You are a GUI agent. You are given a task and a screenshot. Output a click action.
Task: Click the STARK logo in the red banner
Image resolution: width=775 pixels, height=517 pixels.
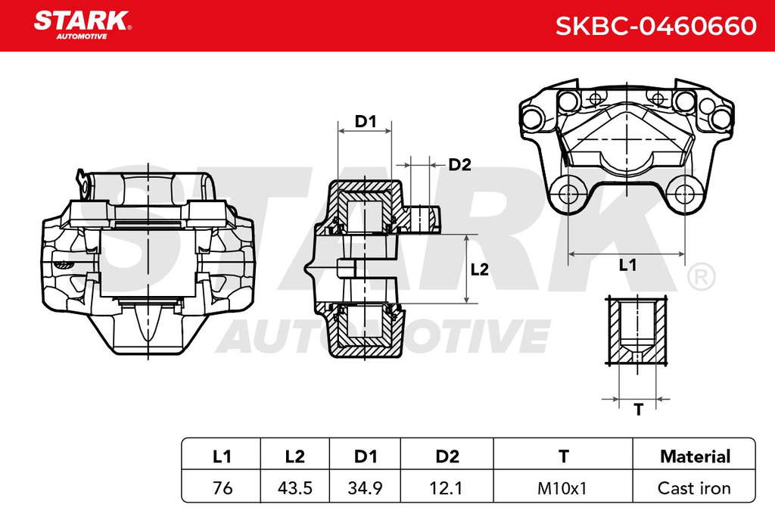pyautogui.click(x=82, y=24)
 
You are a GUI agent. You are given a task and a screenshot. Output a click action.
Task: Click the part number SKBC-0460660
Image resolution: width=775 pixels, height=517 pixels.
pyautogui.click(x=656, y=26)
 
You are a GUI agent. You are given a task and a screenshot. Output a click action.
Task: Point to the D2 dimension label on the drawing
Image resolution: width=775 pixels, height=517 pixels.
pyautogui.click(x=459, y=164)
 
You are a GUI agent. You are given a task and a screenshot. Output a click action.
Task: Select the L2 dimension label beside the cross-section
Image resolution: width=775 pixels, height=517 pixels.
pyautogui.click(x=479, y=269)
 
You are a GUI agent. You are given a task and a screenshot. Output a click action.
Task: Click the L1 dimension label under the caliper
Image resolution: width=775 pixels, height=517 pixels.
pyautogui.click(x=627, y=266)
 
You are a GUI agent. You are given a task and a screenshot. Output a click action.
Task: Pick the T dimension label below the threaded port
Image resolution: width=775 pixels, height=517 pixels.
pyautogui.click(x=639, y=410)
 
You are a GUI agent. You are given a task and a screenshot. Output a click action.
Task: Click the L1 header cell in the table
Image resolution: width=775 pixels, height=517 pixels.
pyautogui.click(x=222, y=456)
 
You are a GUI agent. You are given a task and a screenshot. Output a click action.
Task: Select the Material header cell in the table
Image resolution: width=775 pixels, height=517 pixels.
pyautogui.click(x=695, y=456)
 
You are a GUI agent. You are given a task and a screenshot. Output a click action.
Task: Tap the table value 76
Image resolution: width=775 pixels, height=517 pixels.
pyautogui.click(x=223, y=488)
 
